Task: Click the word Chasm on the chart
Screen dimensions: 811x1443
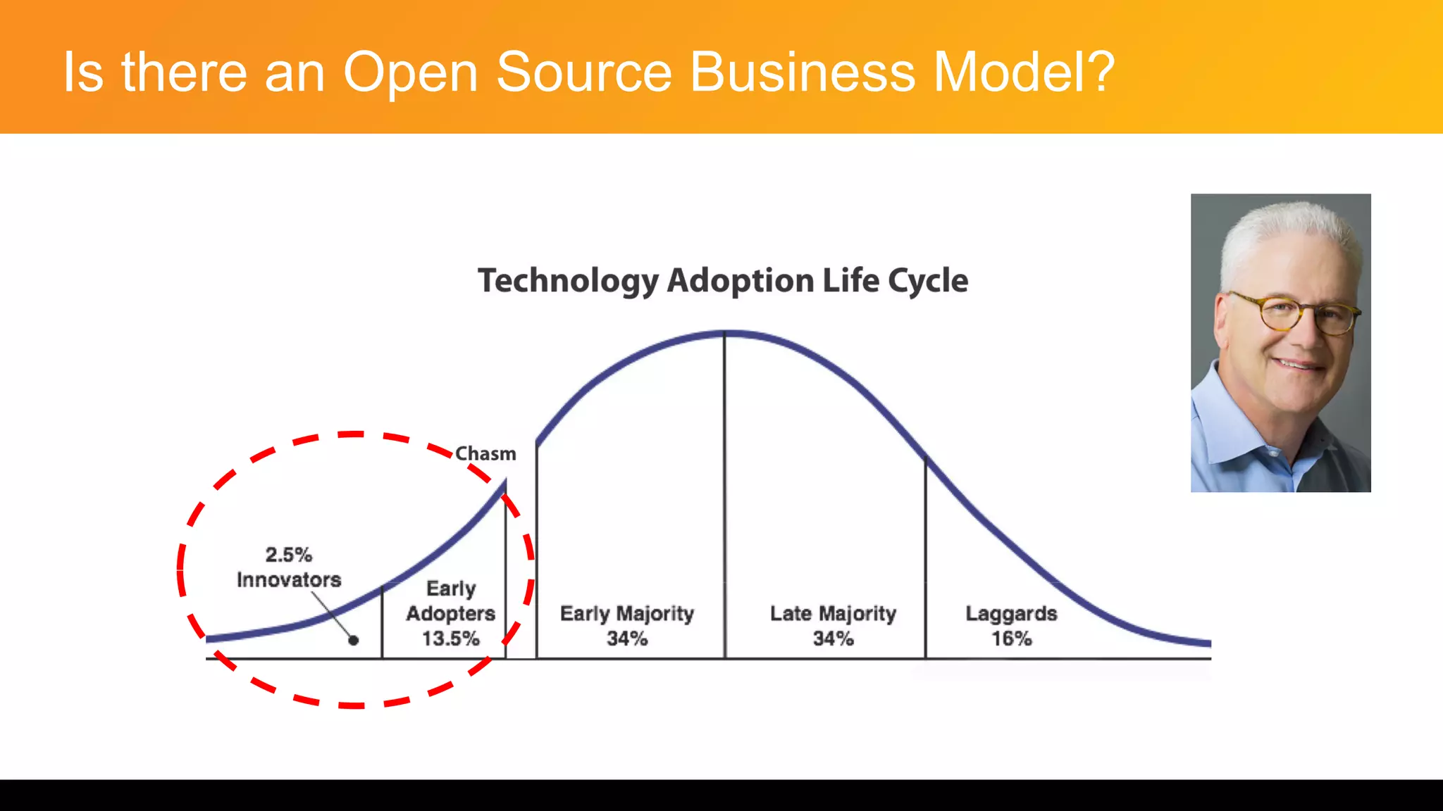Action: tap(485, 454)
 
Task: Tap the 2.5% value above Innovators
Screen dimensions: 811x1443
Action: tap(289, 555)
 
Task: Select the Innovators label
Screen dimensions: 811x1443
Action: tap(289, 580)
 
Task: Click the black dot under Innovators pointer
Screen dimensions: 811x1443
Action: tap(354, 640)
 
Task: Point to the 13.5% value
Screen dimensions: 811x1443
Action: tap(450, 639)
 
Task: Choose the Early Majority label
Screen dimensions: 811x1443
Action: tap(627, 614)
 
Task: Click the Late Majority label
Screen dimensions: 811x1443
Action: tap(833, 614)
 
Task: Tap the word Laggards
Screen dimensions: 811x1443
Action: tap(1011, 614)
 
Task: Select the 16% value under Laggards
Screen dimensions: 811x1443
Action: tap(1012, 639)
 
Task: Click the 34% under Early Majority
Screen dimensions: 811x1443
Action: tap(627, 639)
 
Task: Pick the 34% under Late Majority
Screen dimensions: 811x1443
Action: tap(833, 639)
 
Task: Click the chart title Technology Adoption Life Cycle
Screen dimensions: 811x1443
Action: tap(723, 281)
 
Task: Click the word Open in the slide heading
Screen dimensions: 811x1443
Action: tap(411, 73)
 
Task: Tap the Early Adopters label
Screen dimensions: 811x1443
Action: tap(451, 601)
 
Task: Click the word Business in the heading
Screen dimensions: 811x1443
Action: tap(802, 72)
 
